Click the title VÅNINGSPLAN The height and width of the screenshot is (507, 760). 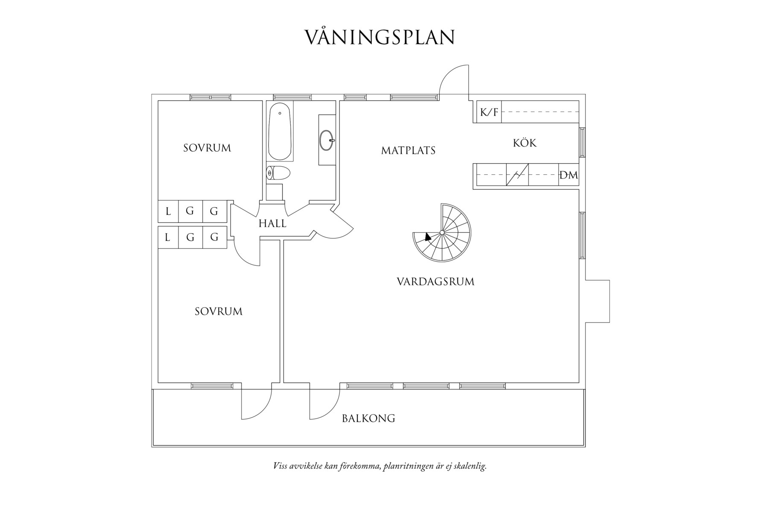point(380,38)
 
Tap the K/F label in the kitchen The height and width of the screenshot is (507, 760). point(488,112)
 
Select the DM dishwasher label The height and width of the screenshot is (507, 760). point(568,175)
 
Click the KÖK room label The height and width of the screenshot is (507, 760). point(525,143)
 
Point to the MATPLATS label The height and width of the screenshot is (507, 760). point(408,150)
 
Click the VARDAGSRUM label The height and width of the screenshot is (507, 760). point(436,282)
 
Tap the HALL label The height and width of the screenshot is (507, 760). point(272,223)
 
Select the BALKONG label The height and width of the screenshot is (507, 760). point(368,418)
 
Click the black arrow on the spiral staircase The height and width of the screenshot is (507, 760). point(428,237)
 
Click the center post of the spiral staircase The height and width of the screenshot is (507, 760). point(442,232)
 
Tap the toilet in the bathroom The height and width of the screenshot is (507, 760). point(278,173)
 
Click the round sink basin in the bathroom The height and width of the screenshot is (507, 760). point(327,140)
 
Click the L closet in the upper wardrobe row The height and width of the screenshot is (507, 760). point(168,211)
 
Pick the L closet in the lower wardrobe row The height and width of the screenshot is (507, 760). point(168,237)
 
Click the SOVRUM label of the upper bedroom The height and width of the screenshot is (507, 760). point(207,148)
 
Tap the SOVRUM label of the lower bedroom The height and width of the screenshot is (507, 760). point(219,311)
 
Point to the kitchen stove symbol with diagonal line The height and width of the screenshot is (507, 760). point(517,175)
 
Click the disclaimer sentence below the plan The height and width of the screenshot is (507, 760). point(380,466)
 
